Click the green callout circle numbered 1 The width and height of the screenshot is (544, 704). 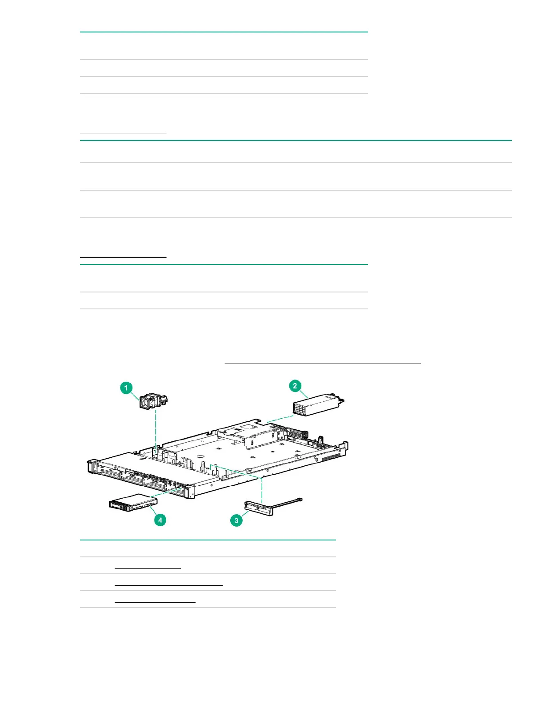tap(126, 388)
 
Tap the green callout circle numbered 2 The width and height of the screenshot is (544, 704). tap(295, 386)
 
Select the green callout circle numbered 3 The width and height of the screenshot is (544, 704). tap(236, 520)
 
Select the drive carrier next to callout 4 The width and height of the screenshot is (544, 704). tap(133, 503)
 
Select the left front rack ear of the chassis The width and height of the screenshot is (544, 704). tap(92, 467)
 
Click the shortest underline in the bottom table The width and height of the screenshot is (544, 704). tap(148, 568)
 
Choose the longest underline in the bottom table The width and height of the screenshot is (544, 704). tap(168, 585)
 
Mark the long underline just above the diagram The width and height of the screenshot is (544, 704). tap(322, 364)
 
